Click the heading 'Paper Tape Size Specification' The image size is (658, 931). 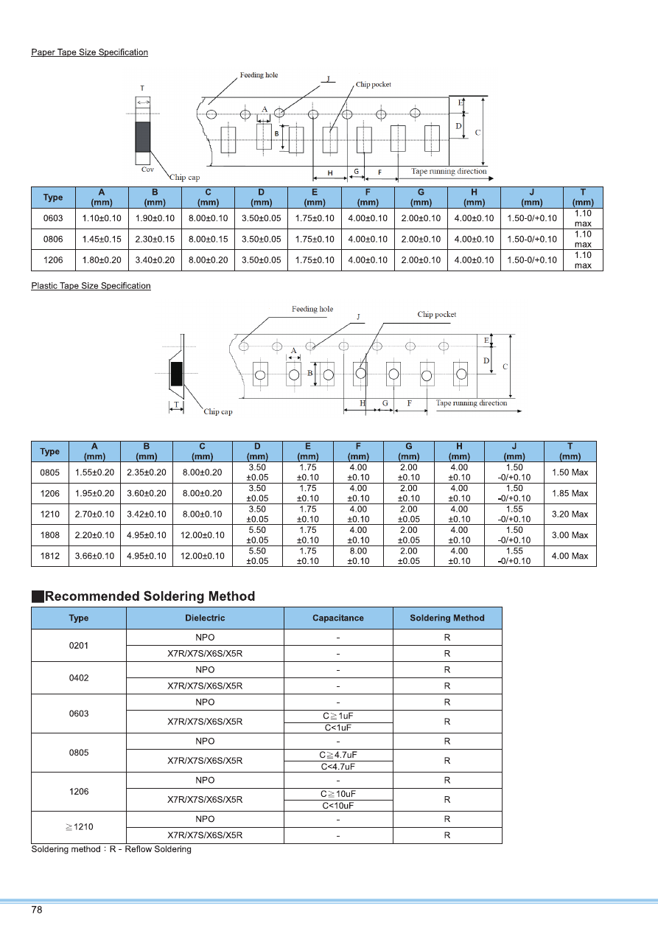(x=89, y=52)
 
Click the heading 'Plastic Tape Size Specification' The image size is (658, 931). (x=91, y=286)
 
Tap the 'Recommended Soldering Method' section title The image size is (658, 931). (x=150, y=596)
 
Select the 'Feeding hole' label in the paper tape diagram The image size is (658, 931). (x=259, y=75)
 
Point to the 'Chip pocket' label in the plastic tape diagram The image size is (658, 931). (x=436, y=315)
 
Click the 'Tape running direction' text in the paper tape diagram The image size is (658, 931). (x=449, y=172)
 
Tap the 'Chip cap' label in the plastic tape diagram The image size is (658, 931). (x=217, y=412)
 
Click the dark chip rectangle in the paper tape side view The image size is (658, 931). (x=142, y=137)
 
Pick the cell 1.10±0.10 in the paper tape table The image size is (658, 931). (x=102, y=218)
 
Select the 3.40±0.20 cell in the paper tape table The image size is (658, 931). (x=155, y=259)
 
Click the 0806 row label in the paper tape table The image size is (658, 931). (x=53, y=239)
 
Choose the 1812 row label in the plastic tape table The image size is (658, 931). (x=50, y=556)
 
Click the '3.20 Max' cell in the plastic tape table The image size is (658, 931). (x=570, y=515)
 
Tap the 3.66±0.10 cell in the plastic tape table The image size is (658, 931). (x=95, y=556)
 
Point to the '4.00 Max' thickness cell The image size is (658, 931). (x=570, y=556)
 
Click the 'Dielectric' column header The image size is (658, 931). (x=205, y=618)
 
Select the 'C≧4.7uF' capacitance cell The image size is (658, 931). (x=338, y=756)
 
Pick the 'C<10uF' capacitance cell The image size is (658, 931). (x=338, y=806)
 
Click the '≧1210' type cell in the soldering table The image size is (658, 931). (x=79, y=827)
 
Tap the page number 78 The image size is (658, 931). (x=37, y=910)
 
